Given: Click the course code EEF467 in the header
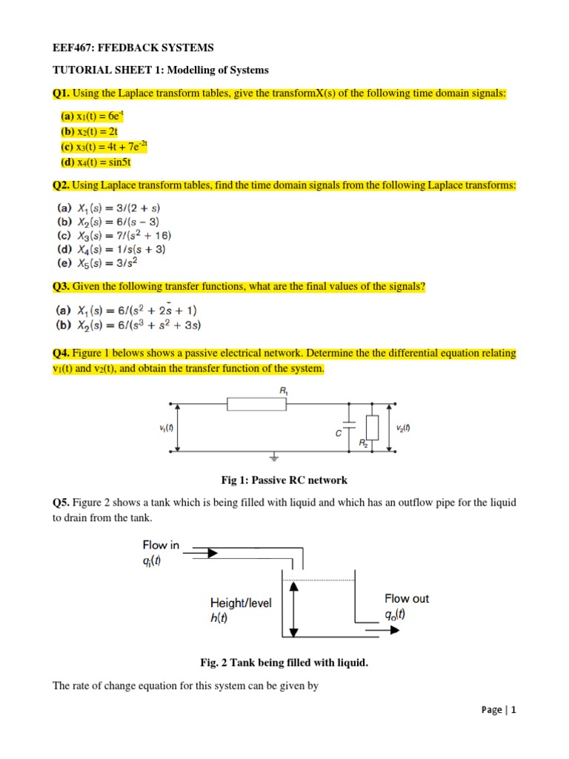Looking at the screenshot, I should pyautogui.click(x=75, y=48).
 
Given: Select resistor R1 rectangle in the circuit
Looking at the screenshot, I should pyautogui.click(x=256, y=404).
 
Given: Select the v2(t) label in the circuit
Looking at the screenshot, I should pyautogui.click(x=405, y=428).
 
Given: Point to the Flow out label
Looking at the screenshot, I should pyautogui.click(x=406, y=598).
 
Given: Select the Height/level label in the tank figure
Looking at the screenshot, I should pyautogui.click(x=241, y=603).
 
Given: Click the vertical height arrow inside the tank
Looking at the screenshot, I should pyautogui.click(x=294, y=608).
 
